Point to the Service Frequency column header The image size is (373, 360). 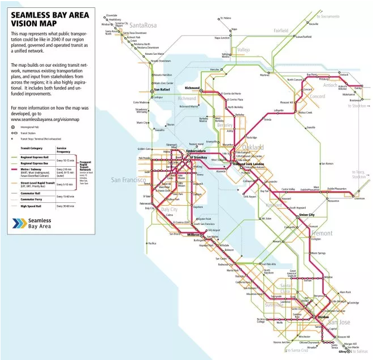click(x=64, y=150)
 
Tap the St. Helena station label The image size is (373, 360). click(x=226, y=18)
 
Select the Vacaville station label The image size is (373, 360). click(x=313, y=24)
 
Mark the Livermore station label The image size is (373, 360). click(x=359, y=198)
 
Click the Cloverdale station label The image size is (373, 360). click(x=112, y=15)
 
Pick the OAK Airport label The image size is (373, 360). click(x=249, y=197)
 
